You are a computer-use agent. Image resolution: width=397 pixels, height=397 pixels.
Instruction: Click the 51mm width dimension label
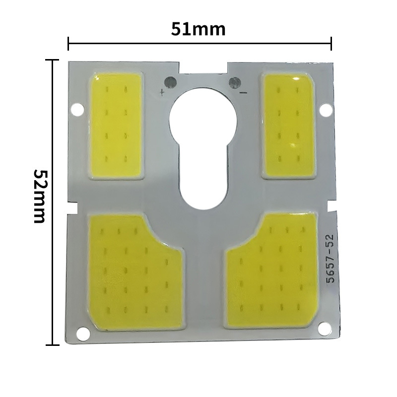coord(198,29)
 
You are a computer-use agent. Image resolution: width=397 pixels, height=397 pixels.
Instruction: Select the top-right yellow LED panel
coord(289,125)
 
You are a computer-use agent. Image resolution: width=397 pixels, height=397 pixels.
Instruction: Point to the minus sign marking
coord(243,92)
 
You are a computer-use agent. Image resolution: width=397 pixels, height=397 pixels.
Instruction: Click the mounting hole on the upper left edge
coord(77,108)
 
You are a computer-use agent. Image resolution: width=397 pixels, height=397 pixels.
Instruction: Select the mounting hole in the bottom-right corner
coord(325,327)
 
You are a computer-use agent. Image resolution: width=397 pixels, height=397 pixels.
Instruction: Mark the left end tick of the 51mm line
coord(68,44)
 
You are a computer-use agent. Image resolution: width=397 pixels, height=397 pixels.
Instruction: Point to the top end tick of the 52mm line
coord(52,60)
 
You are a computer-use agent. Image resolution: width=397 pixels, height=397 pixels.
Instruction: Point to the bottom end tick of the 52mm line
coord(52,344)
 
